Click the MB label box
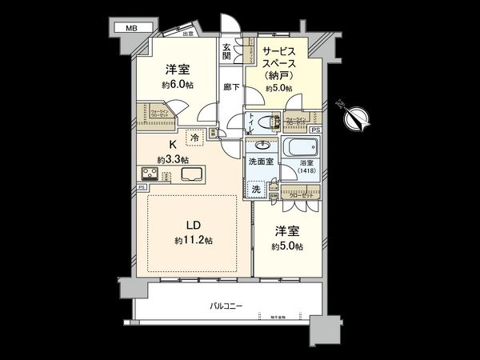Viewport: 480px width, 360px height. click(x=128, y=28)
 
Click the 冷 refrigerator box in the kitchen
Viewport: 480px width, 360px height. click(x=194, y=138)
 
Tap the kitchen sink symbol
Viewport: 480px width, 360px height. click(x=192, y=174)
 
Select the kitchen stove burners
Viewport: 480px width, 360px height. click(x=152, y=174)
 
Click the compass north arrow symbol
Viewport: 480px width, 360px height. click(x=355, y=117)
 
